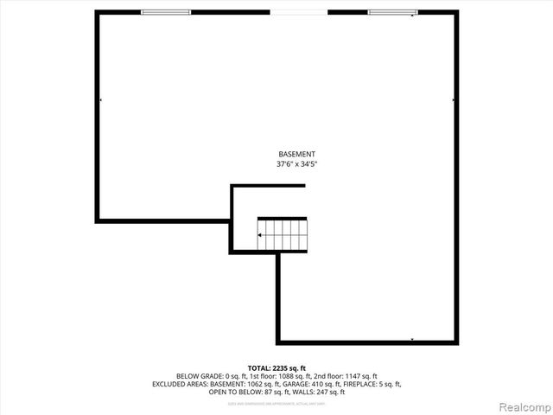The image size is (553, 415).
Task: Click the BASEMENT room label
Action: [x=290, y=154]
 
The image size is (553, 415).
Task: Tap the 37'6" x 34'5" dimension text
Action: [x=290, y=163]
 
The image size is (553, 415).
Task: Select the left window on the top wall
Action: [x=166, y=12]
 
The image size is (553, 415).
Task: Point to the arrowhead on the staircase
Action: [x=262, y=233]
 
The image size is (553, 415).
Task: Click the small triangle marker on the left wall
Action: [x=101, y=100]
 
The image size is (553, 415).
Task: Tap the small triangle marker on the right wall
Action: [x=453, y=100]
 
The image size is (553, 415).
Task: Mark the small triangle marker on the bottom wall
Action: [x=412, y=339]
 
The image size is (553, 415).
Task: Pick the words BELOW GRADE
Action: [x=198, y=375]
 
